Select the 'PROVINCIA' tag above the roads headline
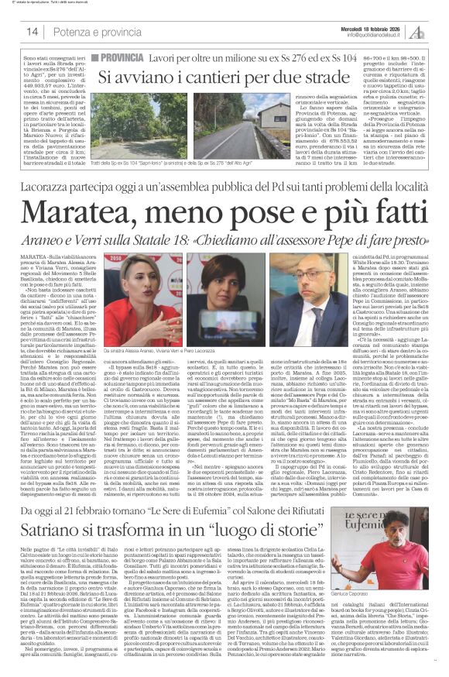point(118,58)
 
